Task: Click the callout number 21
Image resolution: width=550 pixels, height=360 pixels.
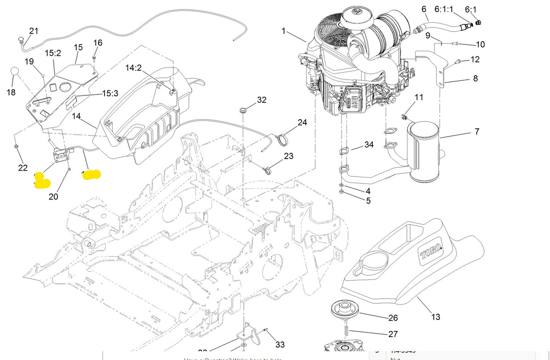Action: pos(34,31)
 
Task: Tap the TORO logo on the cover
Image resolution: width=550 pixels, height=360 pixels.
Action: pos(431,252)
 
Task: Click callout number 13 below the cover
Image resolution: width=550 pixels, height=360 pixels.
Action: pos(435,316)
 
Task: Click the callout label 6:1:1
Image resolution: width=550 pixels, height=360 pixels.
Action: pos(444,9)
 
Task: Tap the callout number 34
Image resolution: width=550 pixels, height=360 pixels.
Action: pos(369,145)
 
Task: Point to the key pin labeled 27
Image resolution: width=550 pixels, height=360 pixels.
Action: pos(347,329)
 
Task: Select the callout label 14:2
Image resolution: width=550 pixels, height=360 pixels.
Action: pos(134,68)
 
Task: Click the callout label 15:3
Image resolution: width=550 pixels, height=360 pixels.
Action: pos(110,93)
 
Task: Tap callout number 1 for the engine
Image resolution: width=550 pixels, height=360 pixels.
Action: pos(284,31)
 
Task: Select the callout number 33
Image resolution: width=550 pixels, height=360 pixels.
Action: pos(280,344)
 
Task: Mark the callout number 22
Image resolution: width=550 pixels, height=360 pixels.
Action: pos(23,168)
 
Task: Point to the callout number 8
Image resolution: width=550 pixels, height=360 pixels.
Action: pos(475,78)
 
